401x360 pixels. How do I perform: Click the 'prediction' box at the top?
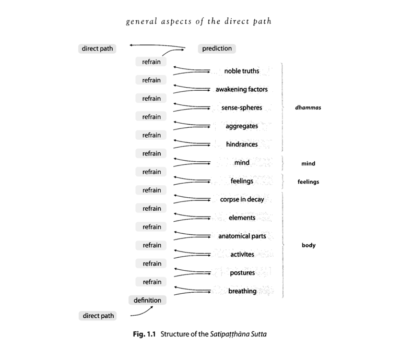coord(217,49)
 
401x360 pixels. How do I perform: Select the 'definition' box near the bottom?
coord(147,300)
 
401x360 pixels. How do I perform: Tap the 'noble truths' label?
coord(241,71)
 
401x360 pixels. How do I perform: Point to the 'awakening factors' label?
coord(241,89)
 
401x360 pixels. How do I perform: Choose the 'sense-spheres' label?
coord(242,108)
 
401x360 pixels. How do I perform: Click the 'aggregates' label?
coord(242,126)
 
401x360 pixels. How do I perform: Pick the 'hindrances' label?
coord(242,145)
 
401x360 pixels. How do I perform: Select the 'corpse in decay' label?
coord(242,199)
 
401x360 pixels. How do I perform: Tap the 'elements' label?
coord(242,218)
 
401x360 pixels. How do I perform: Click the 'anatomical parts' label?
coord(242,236)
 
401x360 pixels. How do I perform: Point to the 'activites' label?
coord(242,255)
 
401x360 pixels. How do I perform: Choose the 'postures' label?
coord(242,273)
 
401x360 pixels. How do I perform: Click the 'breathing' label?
coord(242,291)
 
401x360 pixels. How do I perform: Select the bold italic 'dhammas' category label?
coord(308,108)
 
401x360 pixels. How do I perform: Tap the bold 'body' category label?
coord(308,245)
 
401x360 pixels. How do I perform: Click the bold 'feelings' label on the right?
coord(308,182)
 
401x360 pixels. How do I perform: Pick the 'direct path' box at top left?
coord(97,49)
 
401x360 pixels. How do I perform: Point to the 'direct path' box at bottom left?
coord(98,316)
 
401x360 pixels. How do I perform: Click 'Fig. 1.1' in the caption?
coord(145,334)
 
